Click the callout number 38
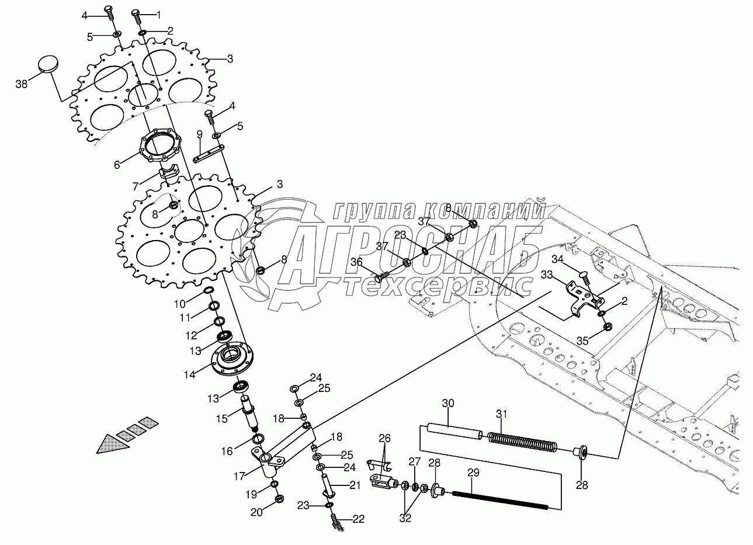pos(21,84)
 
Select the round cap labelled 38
pos(48,64)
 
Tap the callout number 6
pos(117,165)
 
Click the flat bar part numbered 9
pos(209,154)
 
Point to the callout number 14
pos(189,374)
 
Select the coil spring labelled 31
pos(522,442)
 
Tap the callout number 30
pos(447,403)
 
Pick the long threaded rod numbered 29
pos(500,500)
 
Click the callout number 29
pos(473,473)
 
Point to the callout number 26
pos(384,438)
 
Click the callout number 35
pos(582,341)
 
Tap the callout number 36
pos(356,261)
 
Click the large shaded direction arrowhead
pos(113,444)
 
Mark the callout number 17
pos(240,476)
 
